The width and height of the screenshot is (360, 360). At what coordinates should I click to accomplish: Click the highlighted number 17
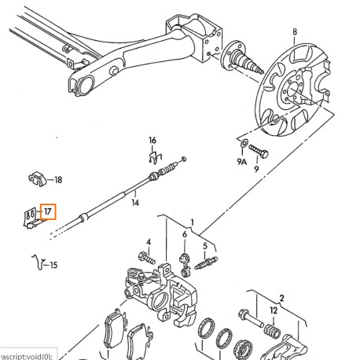[48, 211]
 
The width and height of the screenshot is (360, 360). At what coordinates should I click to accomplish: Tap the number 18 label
[58, 179]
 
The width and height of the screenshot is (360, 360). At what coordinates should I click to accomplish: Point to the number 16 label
[153, 141]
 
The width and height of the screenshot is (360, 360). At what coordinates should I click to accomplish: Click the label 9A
[242, 162]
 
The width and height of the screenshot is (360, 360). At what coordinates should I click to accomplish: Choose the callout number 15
[53, 265]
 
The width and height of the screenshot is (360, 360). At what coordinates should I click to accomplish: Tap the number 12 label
[274, 310]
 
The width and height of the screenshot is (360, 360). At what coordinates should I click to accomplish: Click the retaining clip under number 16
[154, 160]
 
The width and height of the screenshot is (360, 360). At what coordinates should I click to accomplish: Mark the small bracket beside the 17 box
[31, 214]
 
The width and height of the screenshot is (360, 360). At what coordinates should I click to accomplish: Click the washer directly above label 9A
[242, 145]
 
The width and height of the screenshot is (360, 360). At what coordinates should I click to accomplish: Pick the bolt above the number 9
[259, 153]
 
